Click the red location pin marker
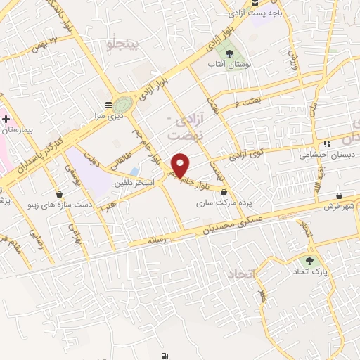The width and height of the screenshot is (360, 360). pos(181,165)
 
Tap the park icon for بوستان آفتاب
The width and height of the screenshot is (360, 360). pos(227,53)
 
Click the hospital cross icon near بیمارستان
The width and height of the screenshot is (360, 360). pos(6,120)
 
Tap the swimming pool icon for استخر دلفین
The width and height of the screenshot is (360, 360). pos(134,172)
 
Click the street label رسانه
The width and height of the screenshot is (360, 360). pos(155,240)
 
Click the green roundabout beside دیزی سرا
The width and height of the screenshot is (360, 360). pos(124,103)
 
